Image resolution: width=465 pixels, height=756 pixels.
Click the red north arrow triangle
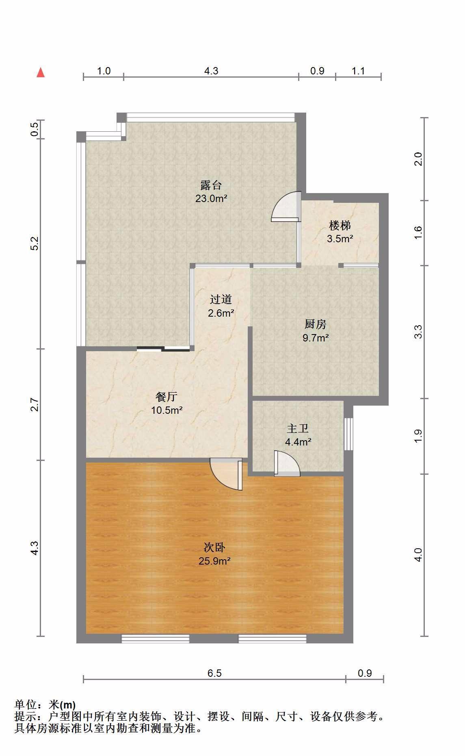[x=41, y=72]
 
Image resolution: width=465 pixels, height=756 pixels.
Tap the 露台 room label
[x=211, y=185]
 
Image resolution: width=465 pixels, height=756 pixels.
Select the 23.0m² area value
[x=211, y=199]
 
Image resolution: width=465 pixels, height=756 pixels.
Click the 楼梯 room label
[x=340, y=225]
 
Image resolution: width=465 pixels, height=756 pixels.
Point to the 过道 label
[x=221, y=300]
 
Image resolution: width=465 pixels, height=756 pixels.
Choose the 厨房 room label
[x=316, y=324]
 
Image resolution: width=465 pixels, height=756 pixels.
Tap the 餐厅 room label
[x=167, y=396]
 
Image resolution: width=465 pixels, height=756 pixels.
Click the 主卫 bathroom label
[x=298, y=428]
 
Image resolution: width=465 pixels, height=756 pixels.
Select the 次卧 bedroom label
[x=214, y=547]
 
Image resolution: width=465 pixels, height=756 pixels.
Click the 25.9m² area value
[x=214, y=561]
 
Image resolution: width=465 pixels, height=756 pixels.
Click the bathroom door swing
[x=287, y=463]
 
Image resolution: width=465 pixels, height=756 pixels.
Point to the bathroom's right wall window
[x=348, y=434]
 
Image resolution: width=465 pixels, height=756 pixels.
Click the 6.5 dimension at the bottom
[x=214, y=673]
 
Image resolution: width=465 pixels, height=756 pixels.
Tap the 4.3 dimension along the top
[x=211, y=71]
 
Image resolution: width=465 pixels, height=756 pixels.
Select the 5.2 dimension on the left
[x=35, y=243]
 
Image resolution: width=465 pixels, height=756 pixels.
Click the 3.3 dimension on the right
[x=418, y=332]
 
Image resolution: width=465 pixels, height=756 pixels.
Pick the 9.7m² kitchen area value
[x=316, y=337]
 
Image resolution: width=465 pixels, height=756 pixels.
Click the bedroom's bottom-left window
[x=156, y=639]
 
